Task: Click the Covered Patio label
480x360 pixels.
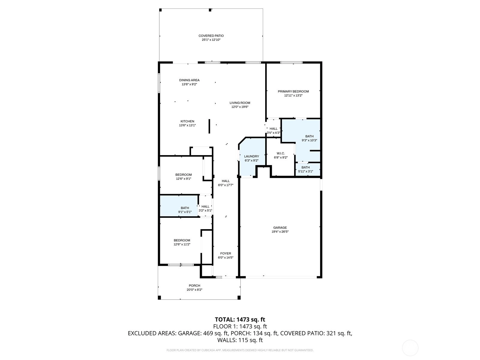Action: point(211,36)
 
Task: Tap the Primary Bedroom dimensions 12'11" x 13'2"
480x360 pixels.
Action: point(293,95)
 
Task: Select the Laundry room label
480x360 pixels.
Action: point(251,156)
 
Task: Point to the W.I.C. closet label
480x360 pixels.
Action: point(281,153)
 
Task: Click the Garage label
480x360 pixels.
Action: point(280,227)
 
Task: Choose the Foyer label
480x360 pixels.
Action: point(226,253)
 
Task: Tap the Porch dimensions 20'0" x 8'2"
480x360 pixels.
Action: point(194,289)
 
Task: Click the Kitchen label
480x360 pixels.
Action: point(187,121)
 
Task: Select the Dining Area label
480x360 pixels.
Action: point(189,80)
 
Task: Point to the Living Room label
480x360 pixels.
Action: point(240,103)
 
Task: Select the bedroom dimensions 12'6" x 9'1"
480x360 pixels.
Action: point(184,178)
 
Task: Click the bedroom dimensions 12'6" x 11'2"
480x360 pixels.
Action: point(182,244)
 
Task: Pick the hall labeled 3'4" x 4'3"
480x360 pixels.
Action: point(274,129)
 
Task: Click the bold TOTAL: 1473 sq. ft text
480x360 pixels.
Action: point(240,319)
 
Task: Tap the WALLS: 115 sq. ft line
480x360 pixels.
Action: point(240,340)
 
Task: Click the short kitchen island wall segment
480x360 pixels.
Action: point(209,126)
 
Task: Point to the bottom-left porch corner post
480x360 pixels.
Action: point(159,298)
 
